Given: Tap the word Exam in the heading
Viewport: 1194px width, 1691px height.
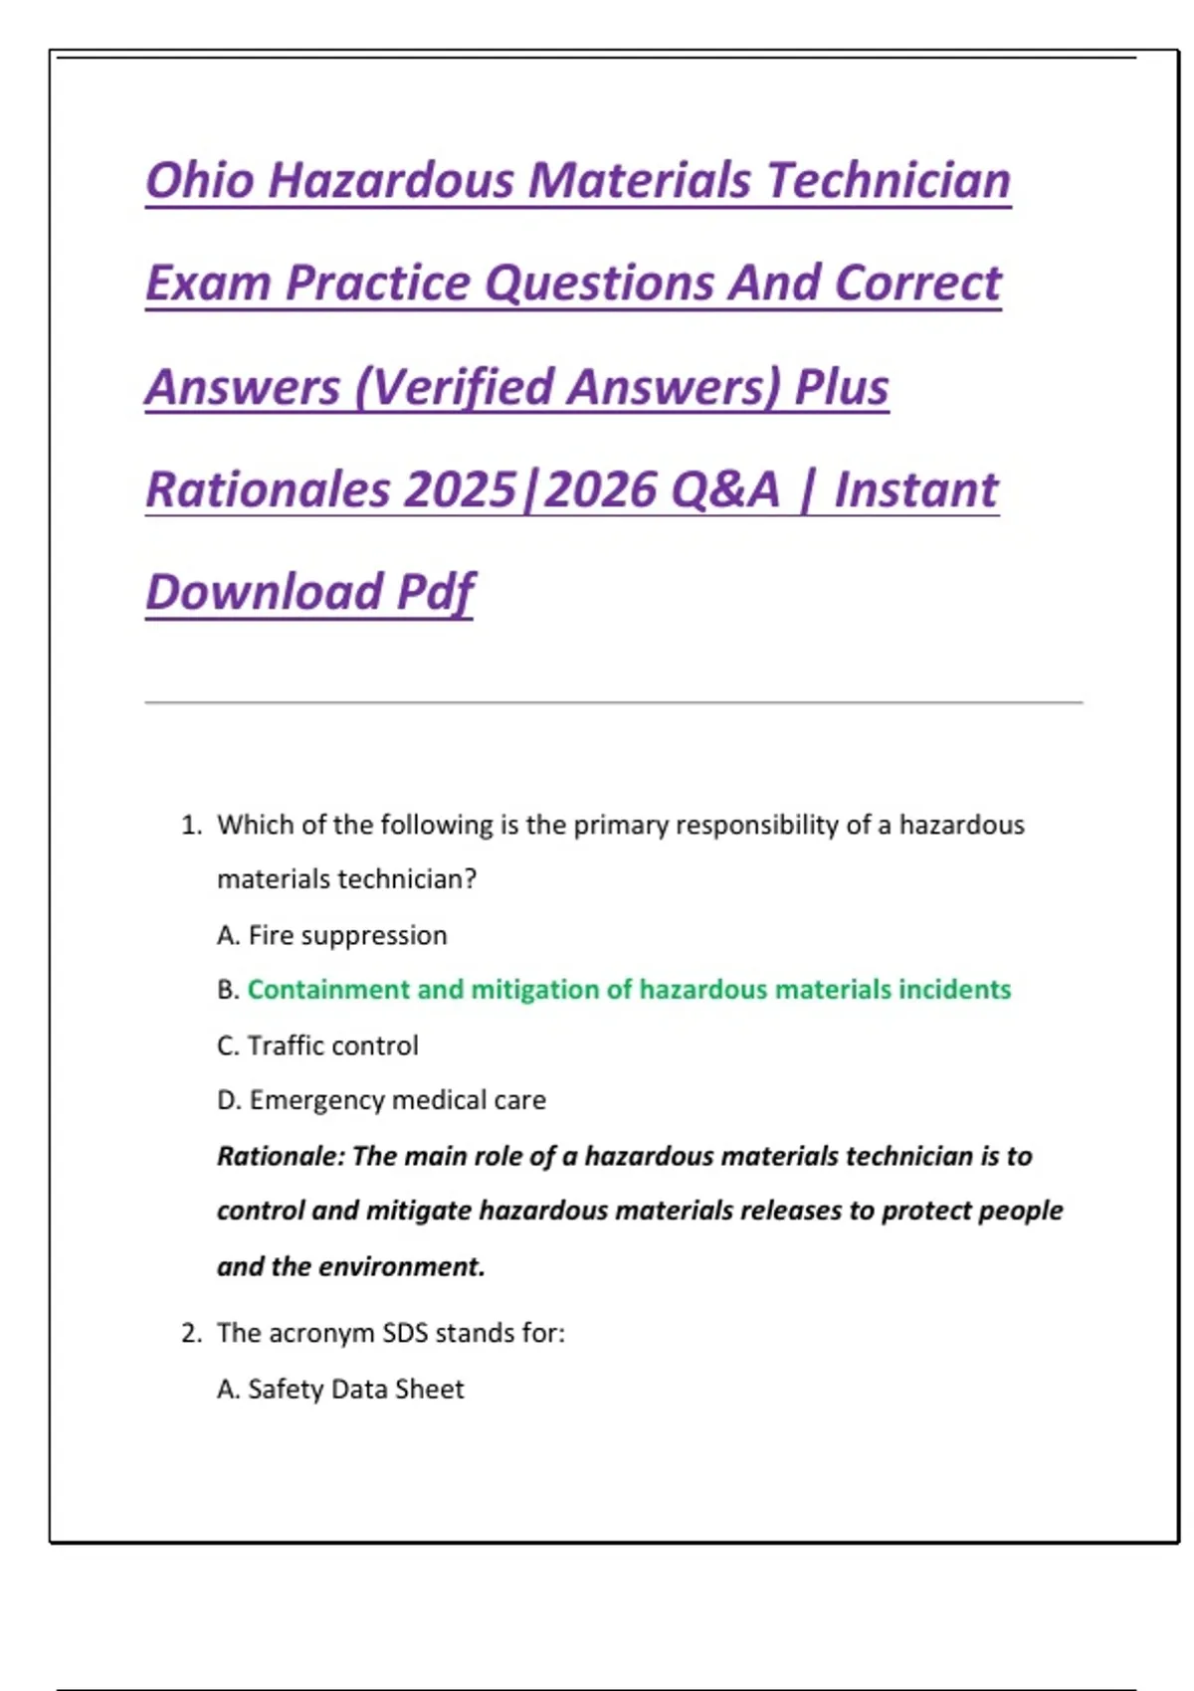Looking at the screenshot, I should click(x=208, y=283).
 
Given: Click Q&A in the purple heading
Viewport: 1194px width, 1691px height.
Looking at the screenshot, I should click(x=725, y=489).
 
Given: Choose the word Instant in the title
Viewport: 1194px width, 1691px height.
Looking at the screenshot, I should click(x=915, y=489).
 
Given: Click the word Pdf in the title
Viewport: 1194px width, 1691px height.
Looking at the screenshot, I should click(x=435, y=593).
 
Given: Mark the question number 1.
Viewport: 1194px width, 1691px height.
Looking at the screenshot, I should click(x=190, y=826).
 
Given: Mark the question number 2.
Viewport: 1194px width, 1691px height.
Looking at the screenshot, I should click(x=190, y=1333).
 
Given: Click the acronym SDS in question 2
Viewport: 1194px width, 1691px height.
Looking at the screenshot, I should click(x=405, y=1333).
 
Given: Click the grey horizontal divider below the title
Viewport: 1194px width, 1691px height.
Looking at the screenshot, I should click(x=613, y=703).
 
